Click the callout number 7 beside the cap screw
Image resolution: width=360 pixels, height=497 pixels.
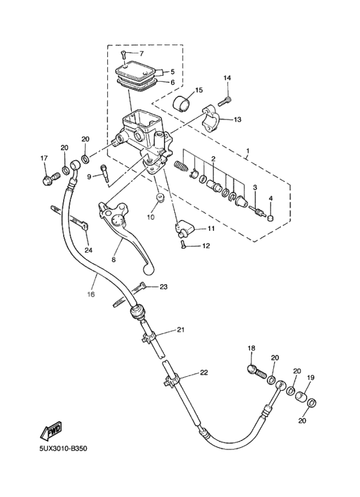point(141,53)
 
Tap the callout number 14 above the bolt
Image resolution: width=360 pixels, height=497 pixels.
point(226,78)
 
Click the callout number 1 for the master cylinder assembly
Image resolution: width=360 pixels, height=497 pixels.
point(248,152)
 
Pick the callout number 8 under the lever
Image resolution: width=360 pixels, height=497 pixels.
point(113,260)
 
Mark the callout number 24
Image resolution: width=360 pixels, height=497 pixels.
point(88,250)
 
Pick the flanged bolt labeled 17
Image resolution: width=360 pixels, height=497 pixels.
point(47,180)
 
